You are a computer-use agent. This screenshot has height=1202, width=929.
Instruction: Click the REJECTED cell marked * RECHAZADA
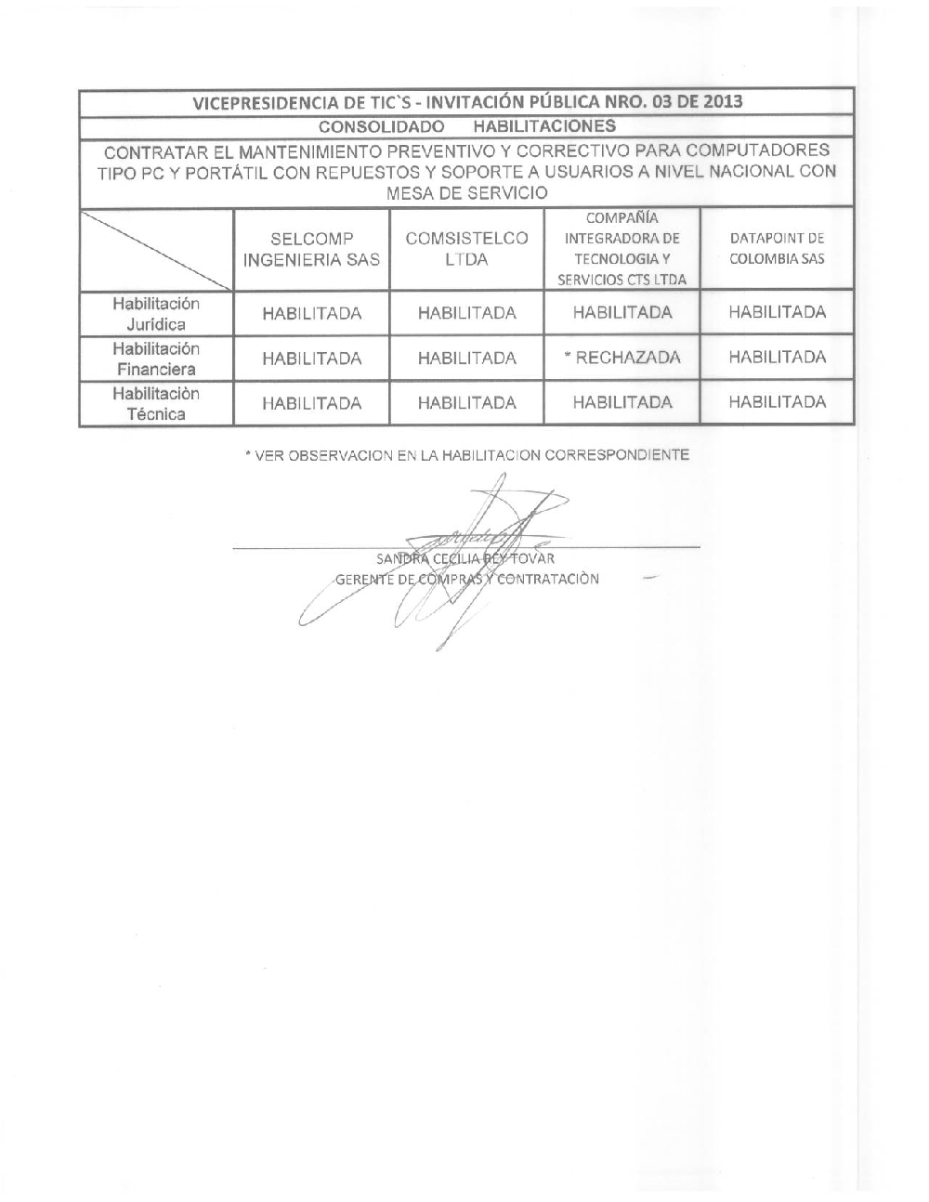coord(622,358)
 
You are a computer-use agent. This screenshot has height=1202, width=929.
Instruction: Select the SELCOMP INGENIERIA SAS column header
coord(311,249)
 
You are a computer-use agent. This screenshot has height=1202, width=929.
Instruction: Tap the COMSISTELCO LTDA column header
coord(466,249)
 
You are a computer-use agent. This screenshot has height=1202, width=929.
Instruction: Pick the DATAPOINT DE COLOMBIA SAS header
coord(777,249)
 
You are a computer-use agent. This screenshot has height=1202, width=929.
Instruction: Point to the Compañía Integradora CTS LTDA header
coord(622,249)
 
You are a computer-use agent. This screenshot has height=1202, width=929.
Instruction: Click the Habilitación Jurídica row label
coord(156,314)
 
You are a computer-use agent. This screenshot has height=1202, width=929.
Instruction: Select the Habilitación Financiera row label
coord(156,359)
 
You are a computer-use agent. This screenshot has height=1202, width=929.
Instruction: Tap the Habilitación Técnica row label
coord(156,403)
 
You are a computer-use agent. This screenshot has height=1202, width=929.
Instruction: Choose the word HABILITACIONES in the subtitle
coord(544,125)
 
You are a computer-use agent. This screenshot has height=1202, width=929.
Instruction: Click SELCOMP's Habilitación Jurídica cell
coord(311,314)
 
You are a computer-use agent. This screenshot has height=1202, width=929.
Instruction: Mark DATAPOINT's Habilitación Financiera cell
coord(777,358)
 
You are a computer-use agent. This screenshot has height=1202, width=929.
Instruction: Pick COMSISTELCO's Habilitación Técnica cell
coord(466,403)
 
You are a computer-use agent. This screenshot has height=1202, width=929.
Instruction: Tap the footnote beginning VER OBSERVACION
coord(466,455)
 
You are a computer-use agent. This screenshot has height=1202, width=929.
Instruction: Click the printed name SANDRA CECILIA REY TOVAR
coord(465,559)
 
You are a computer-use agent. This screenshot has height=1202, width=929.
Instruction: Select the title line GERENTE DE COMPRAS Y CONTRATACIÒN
coord(466,580)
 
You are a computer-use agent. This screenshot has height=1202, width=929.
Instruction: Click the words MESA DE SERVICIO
coord(466,193)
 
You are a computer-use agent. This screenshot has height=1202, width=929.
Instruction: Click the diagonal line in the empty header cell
coord(156,249)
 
